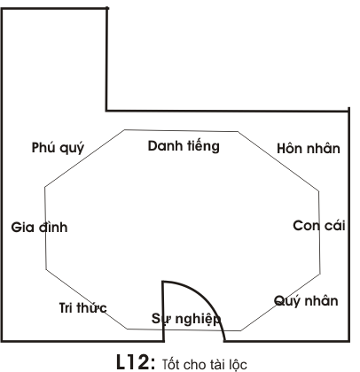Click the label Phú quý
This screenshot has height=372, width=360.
(58, 148)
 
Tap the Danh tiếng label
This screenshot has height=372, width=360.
(184, 146)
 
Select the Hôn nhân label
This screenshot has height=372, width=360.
(309, 148)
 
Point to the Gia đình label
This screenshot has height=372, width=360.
(39, 227)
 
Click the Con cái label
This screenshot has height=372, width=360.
(319, 226)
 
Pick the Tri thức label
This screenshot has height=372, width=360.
(83, 307)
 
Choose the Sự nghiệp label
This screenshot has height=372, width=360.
(186, 319)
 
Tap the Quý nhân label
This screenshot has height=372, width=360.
(306, 301)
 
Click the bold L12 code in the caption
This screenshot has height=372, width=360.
(136, 361)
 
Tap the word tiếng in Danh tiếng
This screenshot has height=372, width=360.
(203, 146)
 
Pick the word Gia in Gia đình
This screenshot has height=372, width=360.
(22, 227)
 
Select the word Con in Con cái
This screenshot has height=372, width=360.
(306, 226)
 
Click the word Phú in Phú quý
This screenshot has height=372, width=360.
(43, 147)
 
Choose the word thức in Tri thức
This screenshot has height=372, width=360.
(91, 307)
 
